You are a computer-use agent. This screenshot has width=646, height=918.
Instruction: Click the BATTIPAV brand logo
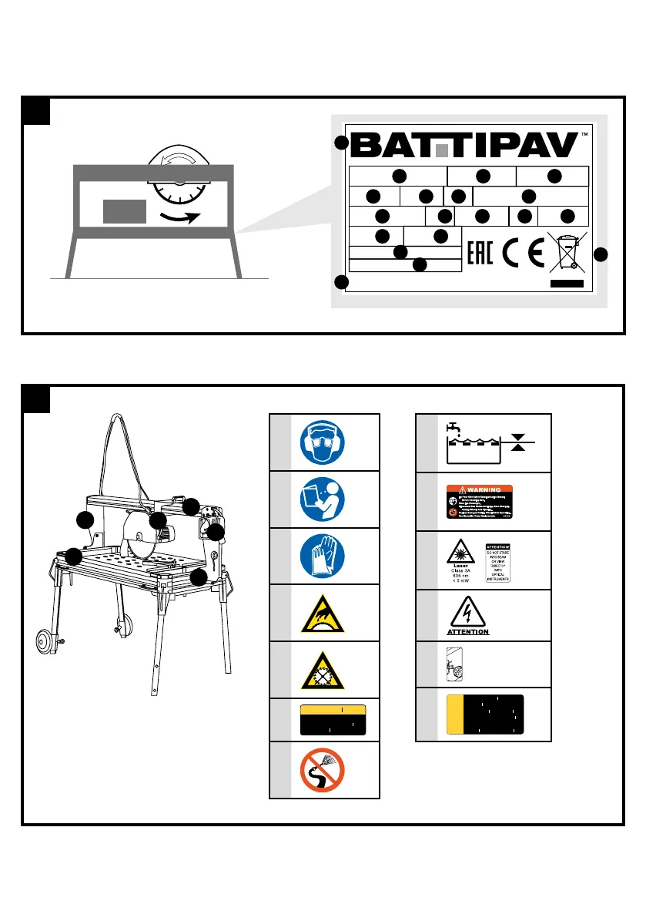pos(465,143)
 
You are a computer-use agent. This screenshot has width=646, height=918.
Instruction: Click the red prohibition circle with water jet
pos(323,771)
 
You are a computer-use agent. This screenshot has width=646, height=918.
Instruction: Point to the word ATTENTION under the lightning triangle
pos(468,632)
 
